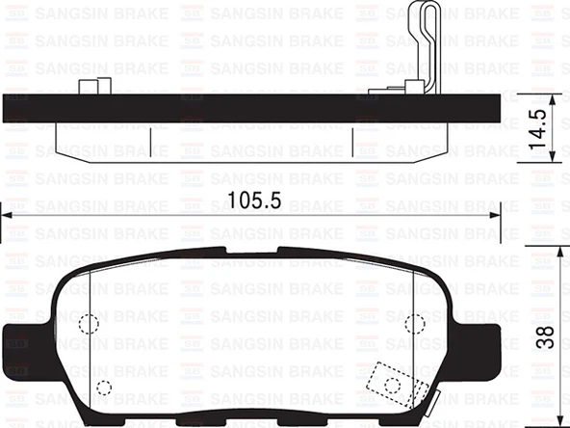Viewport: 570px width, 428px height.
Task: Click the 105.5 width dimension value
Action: click(253, 201)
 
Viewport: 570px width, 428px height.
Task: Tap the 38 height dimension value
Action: click(545, 336)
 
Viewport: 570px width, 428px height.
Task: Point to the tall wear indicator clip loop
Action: click(425, 43)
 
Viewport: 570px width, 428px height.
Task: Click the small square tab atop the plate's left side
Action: click(90, 88)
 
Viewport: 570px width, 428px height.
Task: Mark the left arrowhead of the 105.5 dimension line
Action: click(6, 215)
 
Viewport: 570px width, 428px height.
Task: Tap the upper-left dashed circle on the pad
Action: click(88, 324)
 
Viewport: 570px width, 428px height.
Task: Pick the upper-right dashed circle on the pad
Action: click(415, 324)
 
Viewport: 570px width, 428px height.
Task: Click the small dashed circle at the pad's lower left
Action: click(104, 388)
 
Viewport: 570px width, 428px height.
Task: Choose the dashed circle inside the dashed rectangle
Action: click(392, 385)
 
